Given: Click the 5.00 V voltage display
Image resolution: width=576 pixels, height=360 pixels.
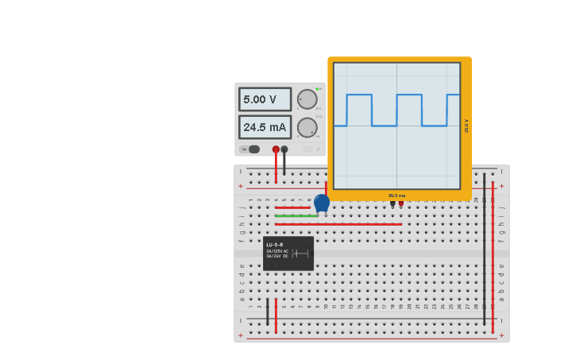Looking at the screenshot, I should pyautogui.click(x=265, y=99).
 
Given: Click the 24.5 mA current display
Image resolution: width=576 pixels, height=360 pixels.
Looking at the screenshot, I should pyautogui.click(x=265, y=127).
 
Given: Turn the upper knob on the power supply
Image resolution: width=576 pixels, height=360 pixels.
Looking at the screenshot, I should pyautogui.click(x=307, y=99).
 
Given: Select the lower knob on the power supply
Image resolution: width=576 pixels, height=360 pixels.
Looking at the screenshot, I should pyautogui.click(x=307, y=127).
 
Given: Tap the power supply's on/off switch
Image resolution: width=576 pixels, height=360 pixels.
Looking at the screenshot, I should pyautogui.click(x=252, y=149).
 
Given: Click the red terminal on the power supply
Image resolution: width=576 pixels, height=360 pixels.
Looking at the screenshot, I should pyautogui.click(x=276, y=149).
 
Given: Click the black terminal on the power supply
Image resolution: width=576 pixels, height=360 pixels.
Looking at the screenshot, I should pyautogui.click(x=284, y=149).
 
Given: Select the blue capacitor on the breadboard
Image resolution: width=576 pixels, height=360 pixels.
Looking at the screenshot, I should pyautogui.click(x=322, y=203).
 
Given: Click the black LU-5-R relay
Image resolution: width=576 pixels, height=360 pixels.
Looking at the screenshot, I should pyautogui.click(x=288, y=254).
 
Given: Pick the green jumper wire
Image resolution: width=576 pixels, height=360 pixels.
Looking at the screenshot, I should pyautogui.click(x=296, y=215).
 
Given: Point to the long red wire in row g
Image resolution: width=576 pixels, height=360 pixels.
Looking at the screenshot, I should pyautogui.click(x=338, y=224).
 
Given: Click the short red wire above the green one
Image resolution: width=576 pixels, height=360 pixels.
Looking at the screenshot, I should pyautogui.click(x=292, y=207).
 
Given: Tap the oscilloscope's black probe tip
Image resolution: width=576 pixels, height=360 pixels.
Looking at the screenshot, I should pyautogui.click(x=392, y=203).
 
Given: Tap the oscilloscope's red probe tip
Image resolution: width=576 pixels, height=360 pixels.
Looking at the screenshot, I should pyautogui.click(x=401, y=203).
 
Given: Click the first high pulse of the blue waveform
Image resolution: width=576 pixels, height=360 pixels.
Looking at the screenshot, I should pyautogui.click(x=359, y=95).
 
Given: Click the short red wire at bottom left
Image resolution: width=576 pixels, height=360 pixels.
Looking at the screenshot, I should pyautogui.click(x=276, y=315).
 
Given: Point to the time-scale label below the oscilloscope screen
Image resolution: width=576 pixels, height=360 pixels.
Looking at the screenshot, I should pyautogui.click(x=396, y=195).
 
